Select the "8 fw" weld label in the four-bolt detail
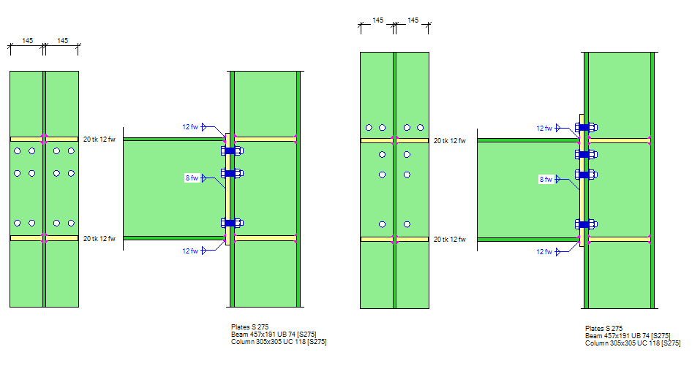coord(546,179)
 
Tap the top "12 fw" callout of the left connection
coord(189,126)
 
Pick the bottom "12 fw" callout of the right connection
coord(544,252)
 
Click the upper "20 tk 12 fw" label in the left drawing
coord(99,139)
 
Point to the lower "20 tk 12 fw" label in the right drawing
coord(450,239)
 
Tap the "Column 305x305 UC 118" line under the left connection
coord(278,342)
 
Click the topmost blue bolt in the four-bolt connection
coord(585,127)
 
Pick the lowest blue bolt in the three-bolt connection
coord(231,223)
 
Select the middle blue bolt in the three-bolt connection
coord(231,173)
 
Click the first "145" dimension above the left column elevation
coord(27,41)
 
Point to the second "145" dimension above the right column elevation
coord(413,21)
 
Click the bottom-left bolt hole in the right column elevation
coord(382,224)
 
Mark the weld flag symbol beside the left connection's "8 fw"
coord(204,178)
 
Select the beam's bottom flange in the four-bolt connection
coord(527,239)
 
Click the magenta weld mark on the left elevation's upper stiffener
coord(44,138)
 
